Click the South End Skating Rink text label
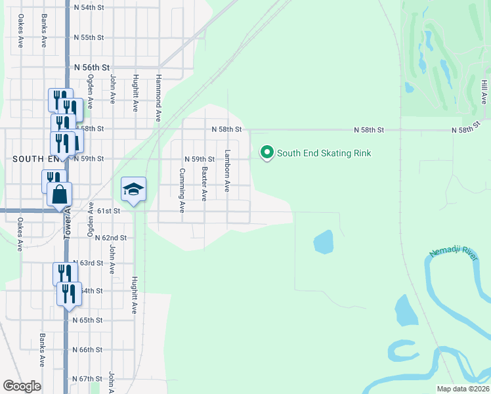coord(324,154)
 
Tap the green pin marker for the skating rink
coord(267,153)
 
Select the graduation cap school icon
coord(133,190)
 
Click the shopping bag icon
coord(60,195)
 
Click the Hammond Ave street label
coord(158,97)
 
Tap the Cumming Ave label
coord(182,190)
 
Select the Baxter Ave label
coord(205,183)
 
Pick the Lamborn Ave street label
coord(227,171)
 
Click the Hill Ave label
coord(484,91)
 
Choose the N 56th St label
coord(91,68)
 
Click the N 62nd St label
coord(110,238)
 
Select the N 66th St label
coord(88,350)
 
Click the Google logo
coord(22,386)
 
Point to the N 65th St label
coord(88,320)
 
